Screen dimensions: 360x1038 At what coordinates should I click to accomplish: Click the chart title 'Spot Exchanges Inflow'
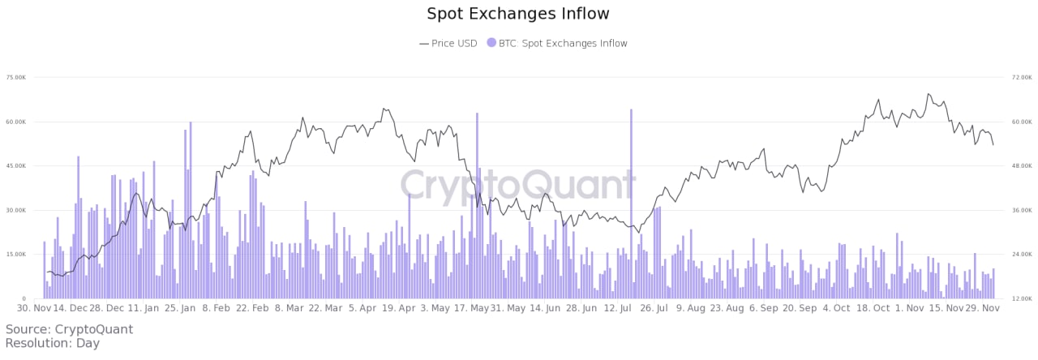point(518,14)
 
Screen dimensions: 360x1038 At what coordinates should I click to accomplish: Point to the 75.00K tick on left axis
point(15,78)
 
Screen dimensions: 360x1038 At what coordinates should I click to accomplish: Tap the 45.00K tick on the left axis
point(15,166)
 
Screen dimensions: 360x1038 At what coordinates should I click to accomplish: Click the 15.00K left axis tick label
point(15,255)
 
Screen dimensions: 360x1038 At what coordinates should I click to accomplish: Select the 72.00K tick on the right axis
point(1020,78)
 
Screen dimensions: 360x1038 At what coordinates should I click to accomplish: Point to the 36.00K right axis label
point(1020,211)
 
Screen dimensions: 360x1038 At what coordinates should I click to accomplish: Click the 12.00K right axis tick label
point(1020,299)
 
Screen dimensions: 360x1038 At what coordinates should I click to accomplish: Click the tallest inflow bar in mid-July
point(631,203)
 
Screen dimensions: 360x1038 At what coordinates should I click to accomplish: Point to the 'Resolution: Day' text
point(53,344)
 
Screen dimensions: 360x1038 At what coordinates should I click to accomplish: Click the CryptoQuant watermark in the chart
point(518,185)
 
